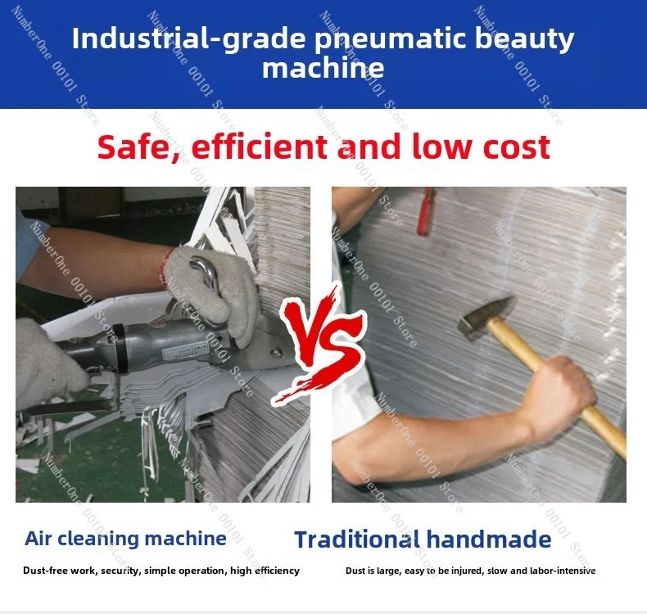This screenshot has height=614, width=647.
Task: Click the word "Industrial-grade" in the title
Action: click(x=189, y=39)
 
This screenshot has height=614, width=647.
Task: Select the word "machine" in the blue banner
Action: click(x=323, y=68)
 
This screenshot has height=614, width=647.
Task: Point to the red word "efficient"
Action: click(x=260, y=146)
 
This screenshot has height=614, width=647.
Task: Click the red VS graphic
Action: click(x=319, y=342)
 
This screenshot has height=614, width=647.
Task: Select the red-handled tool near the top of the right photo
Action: click(x=426, y=211)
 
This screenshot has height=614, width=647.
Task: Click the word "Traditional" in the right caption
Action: click(x=357, y=540)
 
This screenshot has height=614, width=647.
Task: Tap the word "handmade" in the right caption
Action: click(x=489, y=540)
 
